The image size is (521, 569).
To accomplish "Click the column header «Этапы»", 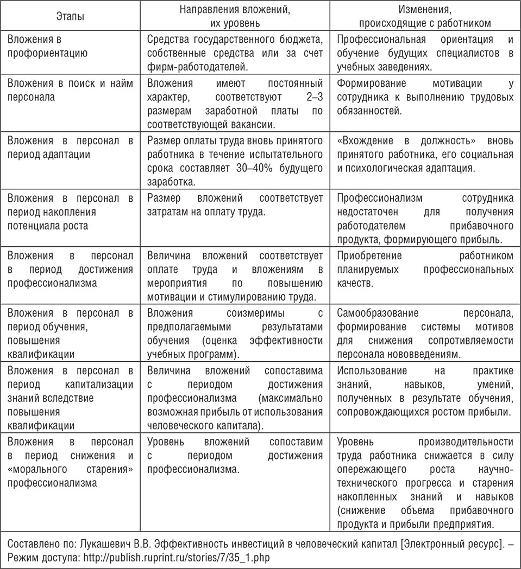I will (70, 17).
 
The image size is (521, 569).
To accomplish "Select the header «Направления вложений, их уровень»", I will (235, 17).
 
